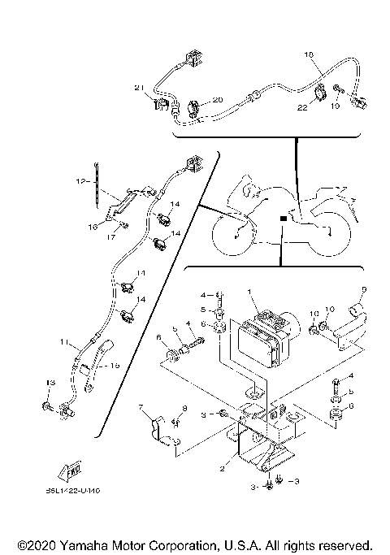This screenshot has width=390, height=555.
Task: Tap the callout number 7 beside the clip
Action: [x=141, y=406]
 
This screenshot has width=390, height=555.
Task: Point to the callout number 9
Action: [x=364, y=289]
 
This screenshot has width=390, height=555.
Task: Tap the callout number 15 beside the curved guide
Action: [x=114, y=366]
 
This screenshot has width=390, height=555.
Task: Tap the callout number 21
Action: [x=138, y=87]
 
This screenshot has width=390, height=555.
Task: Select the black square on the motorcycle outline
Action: [x=281, y=218]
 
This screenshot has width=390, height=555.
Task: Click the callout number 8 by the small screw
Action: [x=184, y=407]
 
